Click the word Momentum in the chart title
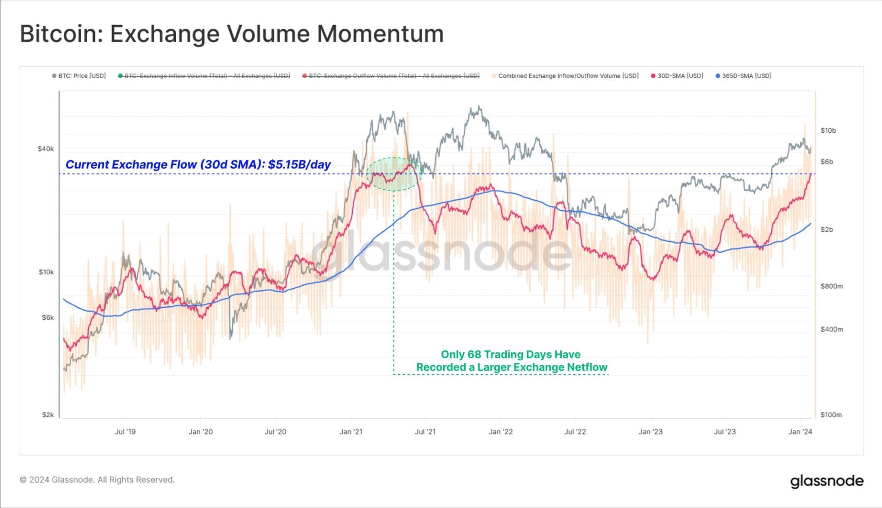[x=380, y=34]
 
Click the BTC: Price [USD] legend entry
[x=79, y=76]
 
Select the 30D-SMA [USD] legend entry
[x=677, y=76]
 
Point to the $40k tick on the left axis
[x=45, y=149]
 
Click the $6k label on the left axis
[x=48, y=317]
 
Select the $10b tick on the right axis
[x=828, y=130]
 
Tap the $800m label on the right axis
[x=831, y=286]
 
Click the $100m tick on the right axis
[x=831, y=415]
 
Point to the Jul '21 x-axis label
[x=425, y=432]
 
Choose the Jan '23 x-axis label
[x=650, y=432]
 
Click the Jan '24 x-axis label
[x=800, y=432]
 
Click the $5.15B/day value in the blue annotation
[x=299, y=164]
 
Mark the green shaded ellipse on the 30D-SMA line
[x=394, y=175]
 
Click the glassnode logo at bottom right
[x=826, y=481]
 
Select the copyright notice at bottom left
[x=97, y=480]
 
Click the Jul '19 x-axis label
[x=125, y=432]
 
